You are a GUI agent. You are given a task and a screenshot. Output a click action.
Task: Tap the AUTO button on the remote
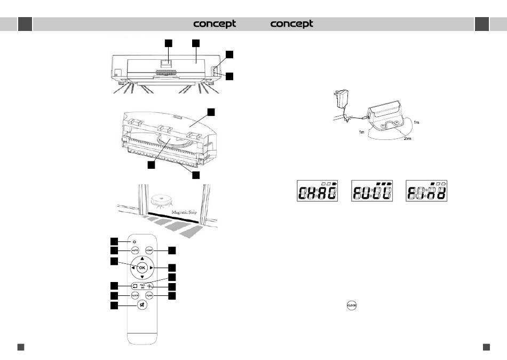(136, 251)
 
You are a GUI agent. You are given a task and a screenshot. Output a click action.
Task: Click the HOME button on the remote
(149, 251)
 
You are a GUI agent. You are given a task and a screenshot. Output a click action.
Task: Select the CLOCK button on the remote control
(135, 295)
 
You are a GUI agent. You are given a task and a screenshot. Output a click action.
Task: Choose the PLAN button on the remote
(149, 295)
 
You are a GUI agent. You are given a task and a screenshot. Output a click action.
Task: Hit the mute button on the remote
(142, 306)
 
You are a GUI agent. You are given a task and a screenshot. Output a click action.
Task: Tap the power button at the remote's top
(135, 242)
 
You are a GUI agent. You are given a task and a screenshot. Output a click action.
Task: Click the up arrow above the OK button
(142, 259)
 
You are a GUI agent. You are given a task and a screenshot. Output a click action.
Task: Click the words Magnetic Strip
(187, 212)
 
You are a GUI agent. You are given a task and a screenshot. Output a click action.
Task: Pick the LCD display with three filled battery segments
(373, 191)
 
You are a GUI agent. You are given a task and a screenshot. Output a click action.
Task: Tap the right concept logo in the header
(292, 24)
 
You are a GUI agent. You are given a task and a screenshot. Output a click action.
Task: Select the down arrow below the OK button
(142, 277)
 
